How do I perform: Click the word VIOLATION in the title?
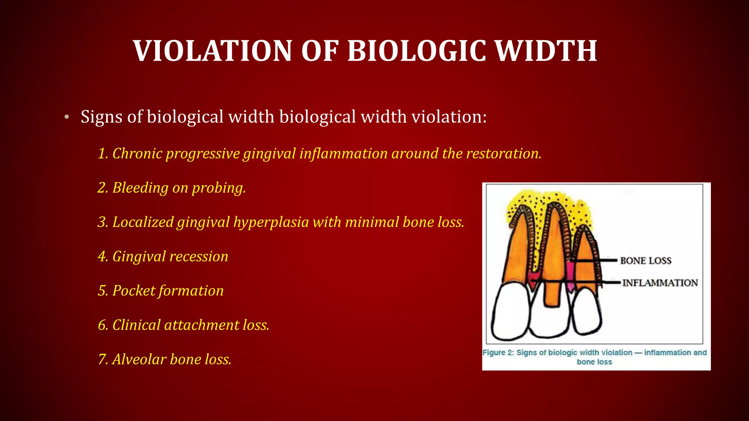(x=212, y=51)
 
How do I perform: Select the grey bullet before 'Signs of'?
(x=67, y=117)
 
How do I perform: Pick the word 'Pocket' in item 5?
(x=134, y=291)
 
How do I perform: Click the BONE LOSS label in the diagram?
(x=646, y=261)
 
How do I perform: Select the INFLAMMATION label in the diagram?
(x=660, y=283)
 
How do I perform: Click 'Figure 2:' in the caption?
(x=498, y=353)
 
